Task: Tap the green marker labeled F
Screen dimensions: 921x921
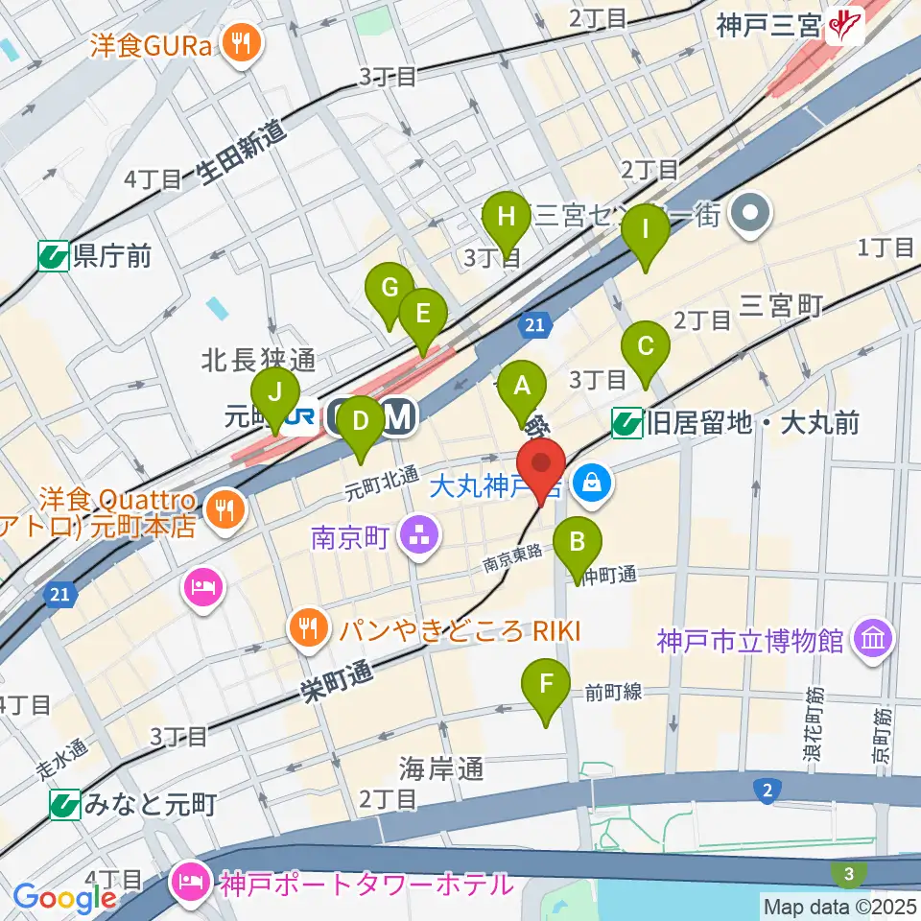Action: click(x=546, y=685)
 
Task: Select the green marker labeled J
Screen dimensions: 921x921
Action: click(x=275, y=392)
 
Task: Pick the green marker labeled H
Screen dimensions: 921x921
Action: click(x=507, y=217)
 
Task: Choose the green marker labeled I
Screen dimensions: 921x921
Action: click(x=646, y=231)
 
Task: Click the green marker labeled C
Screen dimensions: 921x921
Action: click(x=646, y=346)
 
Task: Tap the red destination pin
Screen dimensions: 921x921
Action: click(x=542, y=467)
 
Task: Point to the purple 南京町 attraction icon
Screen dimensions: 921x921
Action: click(x=419, y=535)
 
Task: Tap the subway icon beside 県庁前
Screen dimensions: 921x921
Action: click(x=54, y=256)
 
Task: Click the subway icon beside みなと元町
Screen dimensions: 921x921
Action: click(x=65, y=804)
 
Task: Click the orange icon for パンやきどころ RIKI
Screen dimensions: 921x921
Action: click(x=307, y=629)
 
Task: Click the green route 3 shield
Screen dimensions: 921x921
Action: click(x=850, y=873)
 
